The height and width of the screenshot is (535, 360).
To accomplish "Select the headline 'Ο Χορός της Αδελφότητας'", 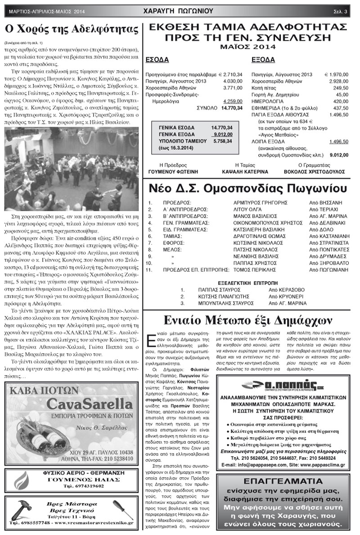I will tap(71, 30).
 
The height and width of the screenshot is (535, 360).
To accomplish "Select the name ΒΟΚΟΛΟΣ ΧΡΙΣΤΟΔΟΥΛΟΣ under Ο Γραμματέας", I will tap(315, 172).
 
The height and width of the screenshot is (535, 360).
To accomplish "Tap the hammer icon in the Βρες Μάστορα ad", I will tap(19, 511).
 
